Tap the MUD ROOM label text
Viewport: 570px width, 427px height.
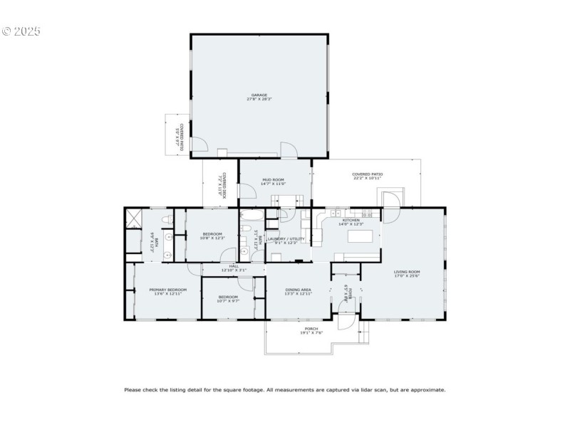tap(274, 179)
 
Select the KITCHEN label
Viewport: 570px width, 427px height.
tap(351, 221)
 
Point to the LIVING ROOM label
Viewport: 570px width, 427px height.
tap(407, 272)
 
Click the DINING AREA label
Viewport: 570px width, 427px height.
tap(298, 290)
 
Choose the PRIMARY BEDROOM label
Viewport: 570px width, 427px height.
tap(167, 290)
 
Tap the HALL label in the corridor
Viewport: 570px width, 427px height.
tap(234, 265)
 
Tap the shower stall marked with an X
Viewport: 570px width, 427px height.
tap(133, 217)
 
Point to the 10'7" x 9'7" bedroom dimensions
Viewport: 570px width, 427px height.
tap(228, 301)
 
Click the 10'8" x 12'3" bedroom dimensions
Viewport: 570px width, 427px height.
tap(212, 238)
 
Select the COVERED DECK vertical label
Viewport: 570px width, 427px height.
tap(223, 184)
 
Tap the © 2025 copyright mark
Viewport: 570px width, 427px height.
tap(21, 31)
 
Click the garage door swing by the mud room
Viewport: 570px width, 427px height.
tap(288, 150)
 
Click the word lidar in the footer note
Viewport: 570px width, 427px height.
tap(364, 389)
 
